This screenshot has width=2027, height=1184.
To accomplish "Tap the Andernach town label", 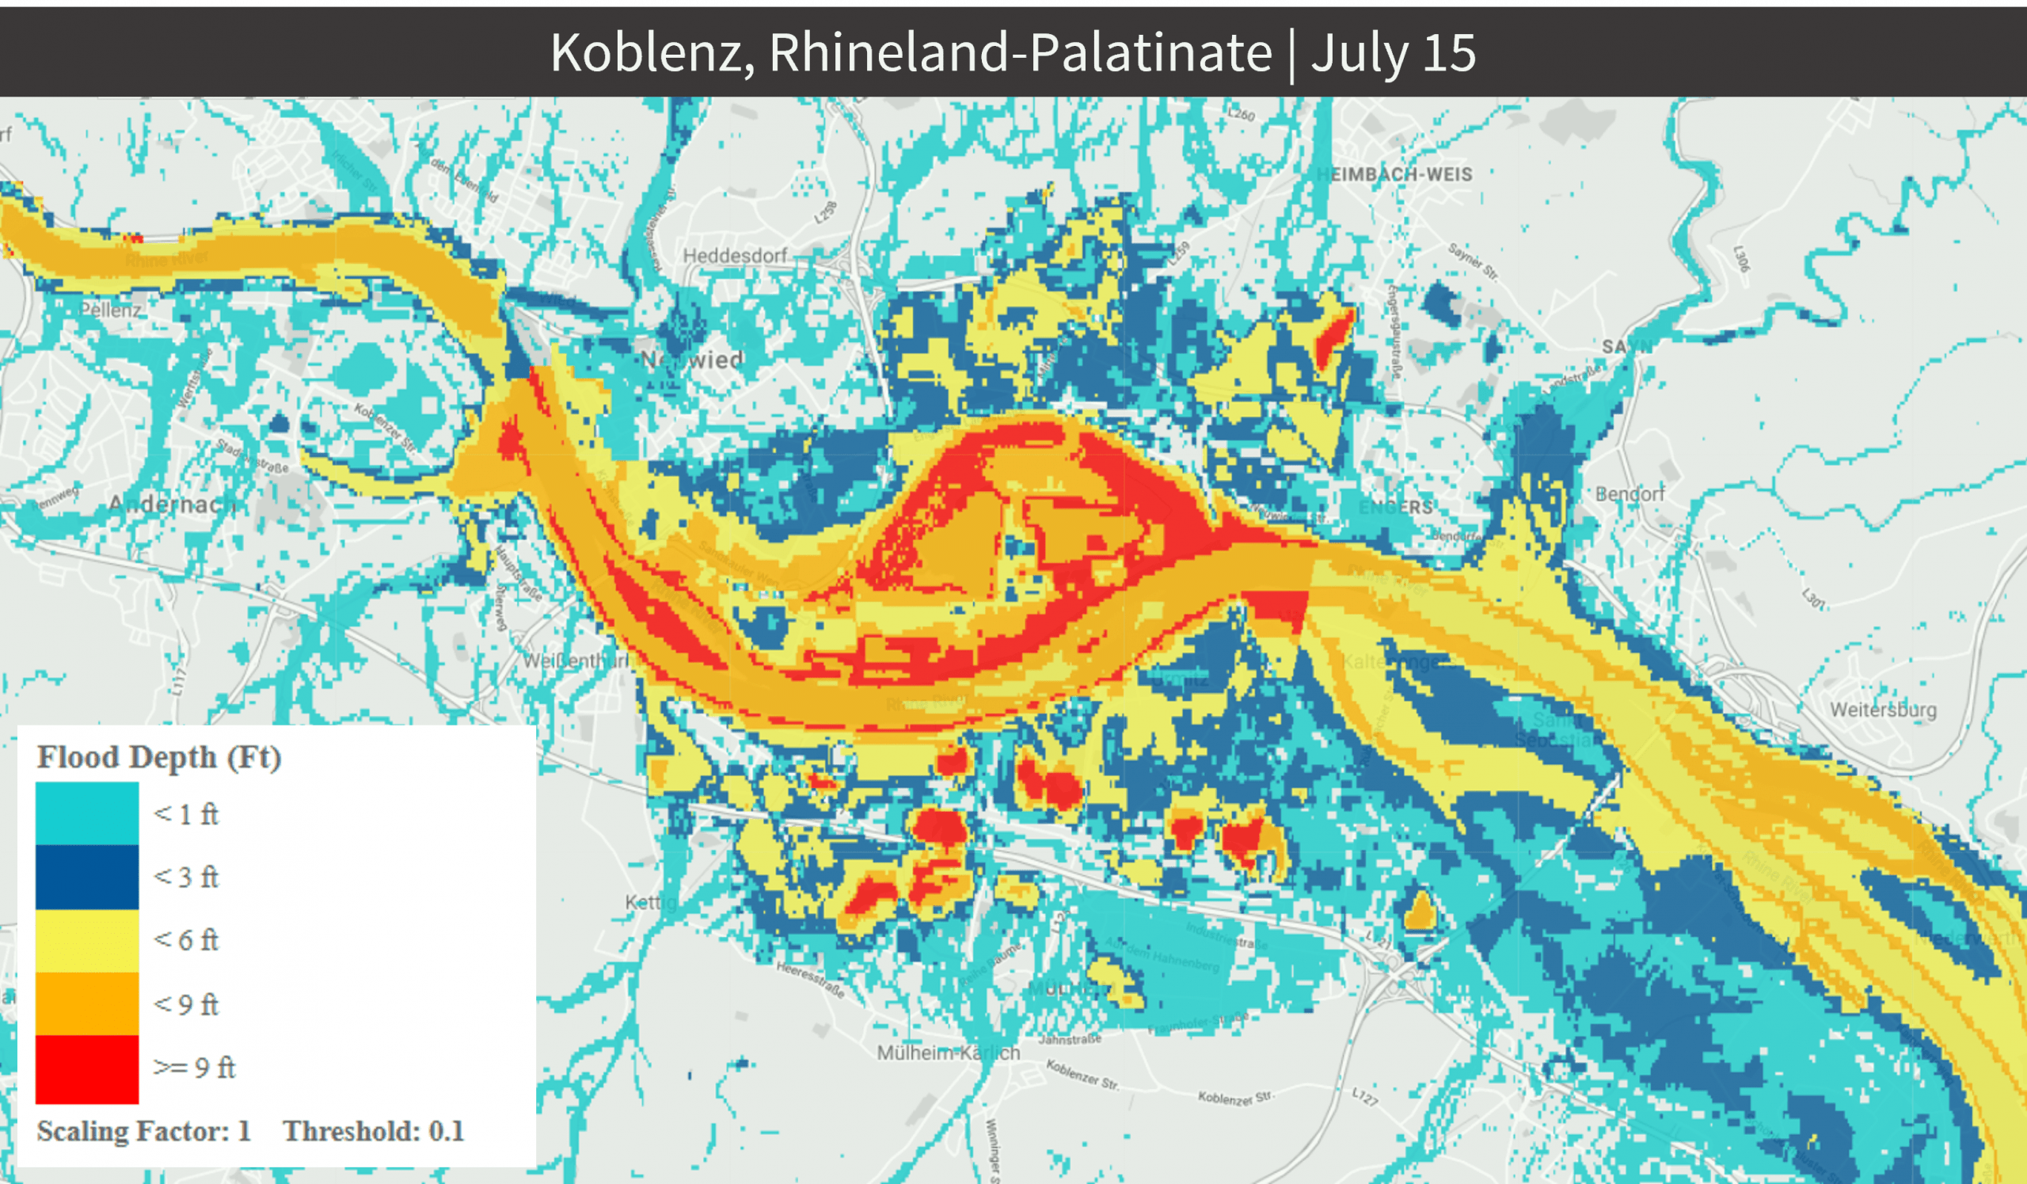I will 172,504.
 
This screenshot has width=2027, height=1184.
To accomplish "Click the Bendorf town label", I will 1630,494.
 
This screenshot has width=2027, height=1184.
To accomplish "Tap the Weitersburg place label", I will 1883,710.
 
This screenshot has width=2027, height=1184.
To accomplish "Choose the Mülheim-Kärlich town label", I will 949,1053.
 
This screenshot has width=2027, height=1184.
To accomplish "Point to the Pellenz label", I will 111,310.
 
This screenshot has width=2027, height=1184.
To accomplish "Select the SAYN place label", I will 1626,347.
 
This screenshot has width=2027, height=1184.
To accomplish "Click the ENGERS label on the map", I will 1396,508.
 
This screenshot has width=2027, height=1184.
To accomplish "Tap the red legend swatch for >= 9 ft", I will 87,1069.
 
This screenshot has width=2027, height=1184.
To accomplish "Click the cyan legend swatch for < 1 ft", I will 87,814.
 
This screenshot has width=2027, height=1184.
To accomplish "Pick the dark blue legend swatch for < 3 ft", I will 87,877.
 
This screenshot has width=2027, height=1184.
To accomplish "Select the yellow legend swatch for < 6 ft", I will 87,940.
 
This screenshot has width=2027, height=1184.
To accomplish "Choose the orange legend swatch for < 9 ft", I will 87,1004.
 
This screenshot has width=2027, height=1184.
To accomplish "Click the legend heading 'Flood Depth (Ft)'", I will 159,758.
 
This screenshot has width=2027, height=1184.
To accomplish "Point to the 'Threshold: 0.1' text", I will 373,1132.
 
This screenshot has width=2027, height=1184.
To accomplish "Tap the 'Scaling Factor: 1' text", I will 144,1132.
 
